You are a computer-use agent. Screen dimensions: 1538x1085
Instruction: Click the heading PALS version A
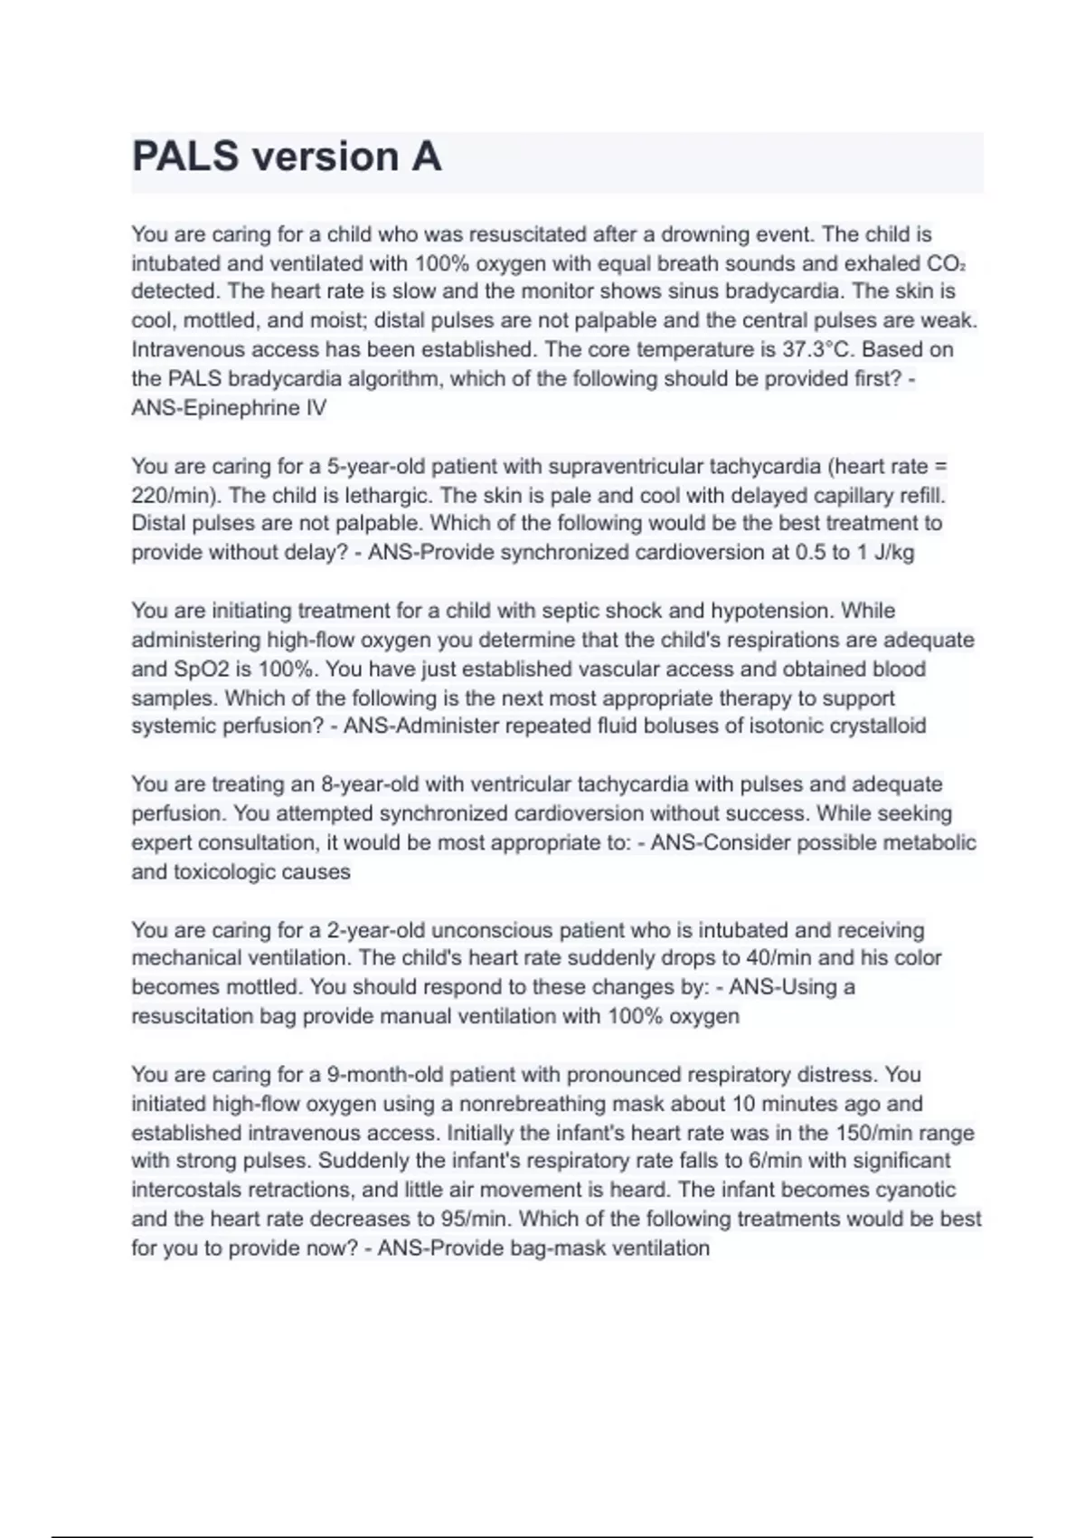[x=287, y=157]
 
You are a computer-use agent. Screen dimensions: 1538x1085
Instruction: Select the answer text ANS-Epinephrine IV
[x=229, y=408]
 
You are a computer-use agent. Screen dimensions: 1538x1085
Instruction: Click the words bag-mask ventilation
[x=597, y=1248]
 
